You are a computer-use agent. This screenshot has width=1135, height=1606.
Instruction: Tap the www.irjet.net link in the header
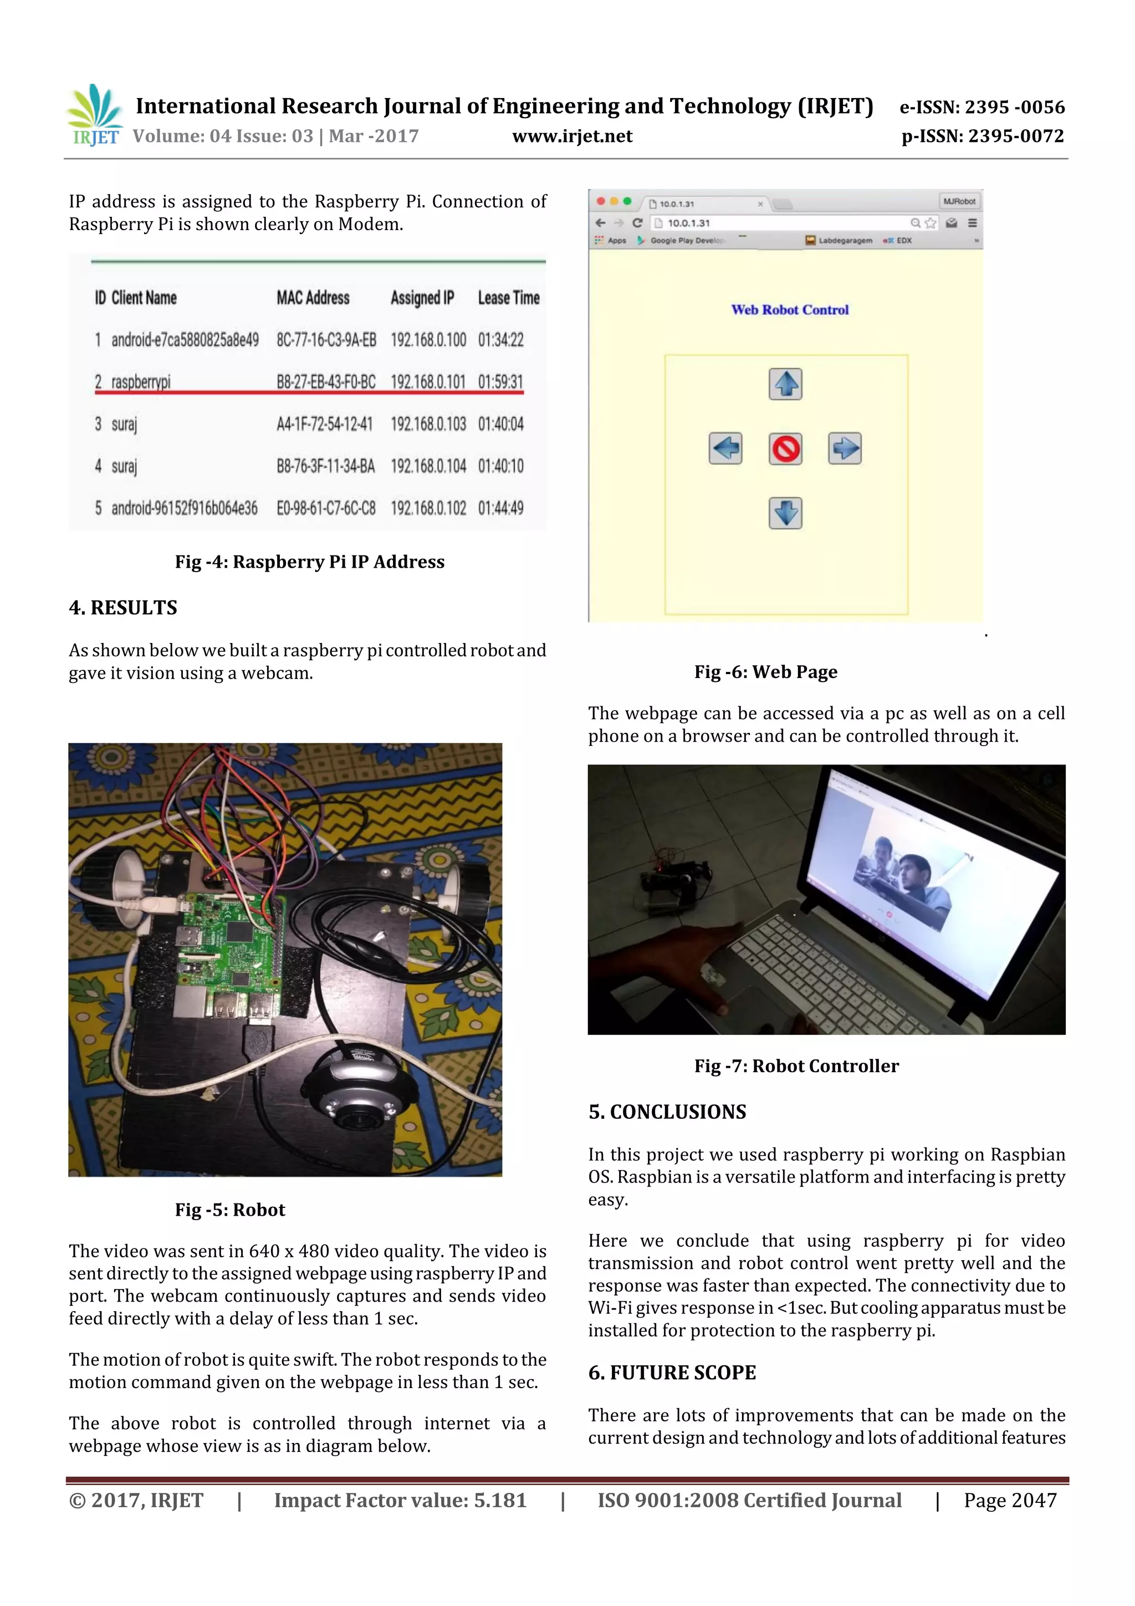(x=571, y=136)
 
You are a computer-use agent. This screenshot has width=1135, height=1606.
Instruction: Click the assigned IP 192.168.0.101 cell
(x=428, y=382)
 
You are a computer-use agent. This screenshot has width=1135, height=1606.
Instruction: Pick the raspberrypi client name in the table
(x=141, y=382)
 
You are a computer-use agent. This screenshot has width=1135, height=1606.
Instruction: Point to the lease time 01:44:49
(x=500, y=508)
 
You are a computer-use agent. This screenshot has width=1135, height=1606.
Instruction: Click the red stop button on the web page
(x=785, y=449)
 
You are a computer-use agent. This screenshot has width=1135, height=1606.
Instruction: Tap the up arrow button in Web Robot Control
(x=785, y=384)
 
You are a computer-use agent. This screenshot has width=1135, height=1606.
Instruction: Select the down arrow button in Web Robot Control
(x=785, y=513)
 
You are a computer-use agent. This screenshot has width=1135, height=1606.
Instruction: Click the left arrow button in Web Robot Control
(x=725, y=448)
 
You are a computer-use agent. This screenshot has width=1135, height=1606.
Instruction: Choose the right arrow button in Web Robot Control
(x=845, y=448)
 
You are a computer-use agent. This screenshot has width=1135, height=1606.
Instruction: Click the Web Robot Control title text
(x=790, y=309)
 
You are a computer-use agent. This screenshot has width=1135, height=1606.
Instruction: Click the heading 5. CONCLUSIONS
(x=667, y=1112)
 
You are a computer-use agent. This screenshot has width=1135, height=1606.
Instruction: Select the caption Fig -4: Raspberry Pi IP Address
(x=309, y=562)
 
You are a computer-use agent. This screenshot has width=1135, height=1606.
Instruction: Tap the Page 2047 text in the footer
(x=1010, y=1500)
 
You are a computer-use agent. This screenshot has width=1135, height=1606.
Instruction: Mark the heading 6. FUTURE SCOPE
(x=671, y=1373)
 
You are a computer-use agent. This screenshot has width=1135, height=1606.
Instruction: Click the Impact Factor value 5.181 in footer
(x=400, y=1500)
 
